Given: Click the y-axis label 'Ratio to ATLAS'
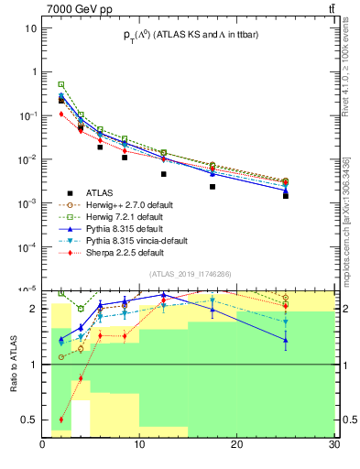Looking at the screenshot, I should click(x=14, y=364).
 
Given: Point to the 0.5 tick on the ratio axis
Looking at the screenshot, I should click(x=29, y=420).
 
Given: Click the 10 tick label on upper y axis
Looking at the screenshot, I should click(x=31, y=27).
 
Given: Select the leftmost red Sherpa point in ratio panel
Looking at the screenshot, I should click(x=61, y=420).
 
